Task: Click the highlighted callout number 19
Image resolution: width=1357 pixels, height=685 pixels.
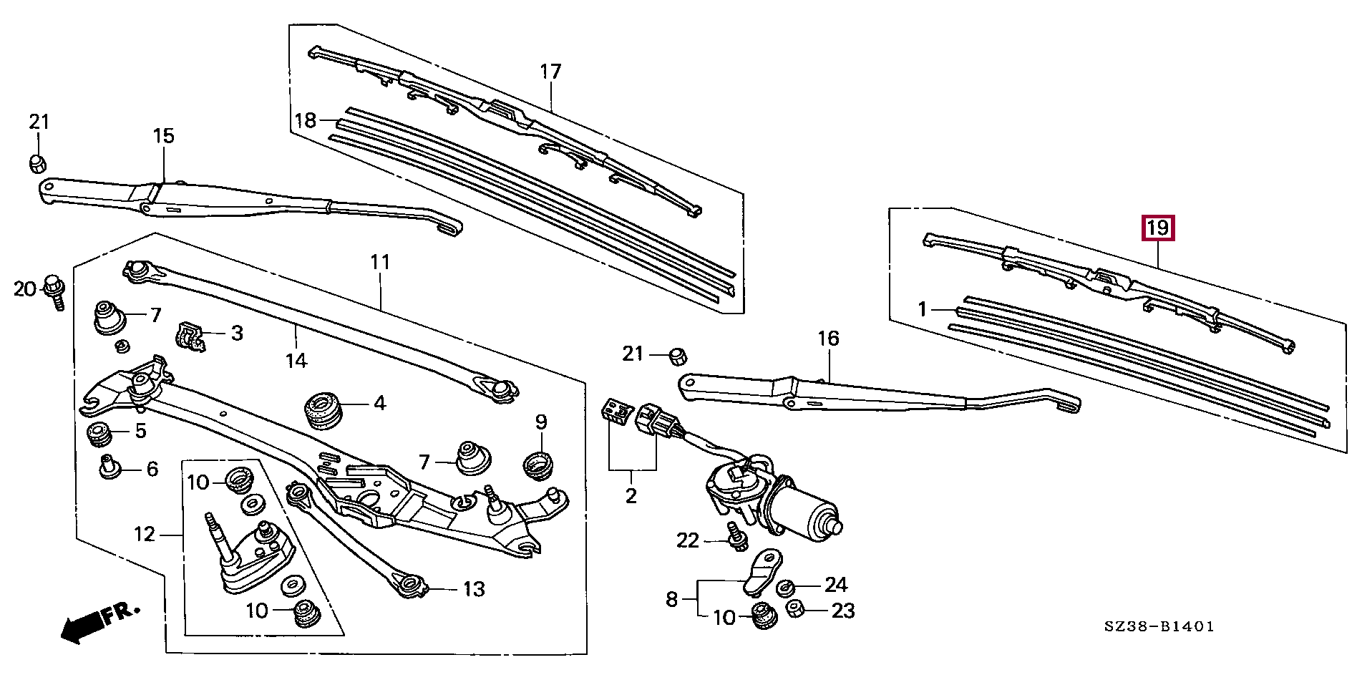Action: coord(1157,228)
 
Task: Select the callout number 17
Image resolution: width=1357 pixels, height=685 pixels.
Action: coord(550,72)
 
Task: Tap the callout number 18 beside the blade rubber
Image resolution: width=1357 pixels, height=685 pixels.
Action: coord(306,120)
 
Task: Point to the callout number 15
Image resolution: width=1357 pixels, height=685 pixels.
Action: coord(164,135)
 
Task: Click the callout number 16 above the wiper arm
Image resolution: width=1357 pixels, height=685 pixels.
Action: coord(828,338)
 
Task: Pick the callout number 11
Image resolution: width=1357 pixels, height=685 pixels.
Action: coord(380,262)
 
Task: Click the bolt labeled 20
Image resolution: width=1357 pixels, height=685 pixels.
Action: coord(54,291)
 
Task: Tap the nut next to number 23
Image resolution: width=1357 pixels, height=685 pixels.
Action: coord(795,610)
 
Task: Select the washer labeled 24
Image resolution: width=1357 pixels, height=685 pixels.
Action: coord(784,588)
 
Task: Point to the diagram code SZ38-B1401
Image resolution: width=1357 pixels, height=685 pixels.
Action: coord(1159,626)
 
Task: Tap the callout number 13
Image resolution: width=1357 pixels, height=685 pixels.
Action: coord(474,589)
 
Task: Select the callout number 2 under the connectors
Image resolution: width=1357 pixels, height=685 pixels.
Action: coord(631,495)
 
